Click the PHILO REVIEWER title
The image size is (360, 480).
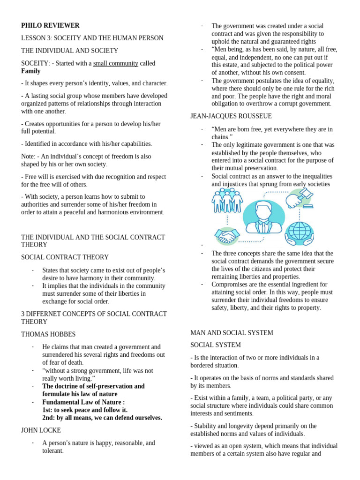[50, 25]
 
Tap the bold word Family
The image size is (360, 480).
[31, 71]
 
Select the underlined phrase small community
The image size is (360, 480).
[115, 63]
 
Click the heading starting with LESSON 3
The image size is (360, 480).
[92, 38]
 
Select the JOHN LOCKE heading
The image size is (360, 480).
[41, 430]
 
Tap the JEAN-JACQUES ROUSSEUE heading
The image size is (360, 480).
[231, 116]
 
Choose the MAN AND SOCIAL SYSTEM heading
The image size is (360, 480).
[232, 332]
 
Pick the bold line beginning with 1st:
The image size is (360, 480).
[85, 410]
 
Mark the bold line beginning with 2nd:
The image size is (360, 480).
[102, 418]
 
